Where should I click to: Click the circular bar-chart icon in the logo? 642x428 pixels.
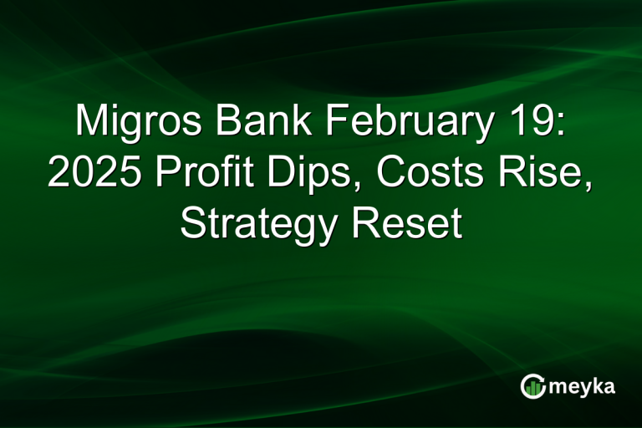(x=532, y=385)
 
